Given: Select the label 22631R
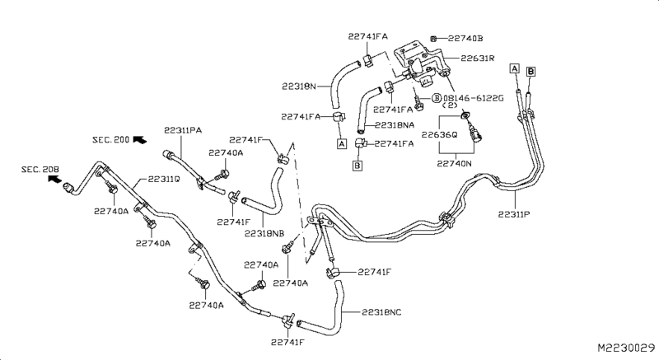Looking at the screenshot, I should pos(477,58).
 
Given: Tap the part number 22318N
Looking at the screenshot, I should pos(299,84).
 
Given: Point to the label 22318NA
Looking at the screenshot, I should pos(395,125).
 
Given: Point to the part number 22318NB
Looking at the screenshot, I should pos(264,233).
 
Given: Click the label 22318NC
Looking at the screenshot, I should pos(381,312).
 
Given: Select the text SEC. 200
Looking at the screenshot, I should pos(110,141).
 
